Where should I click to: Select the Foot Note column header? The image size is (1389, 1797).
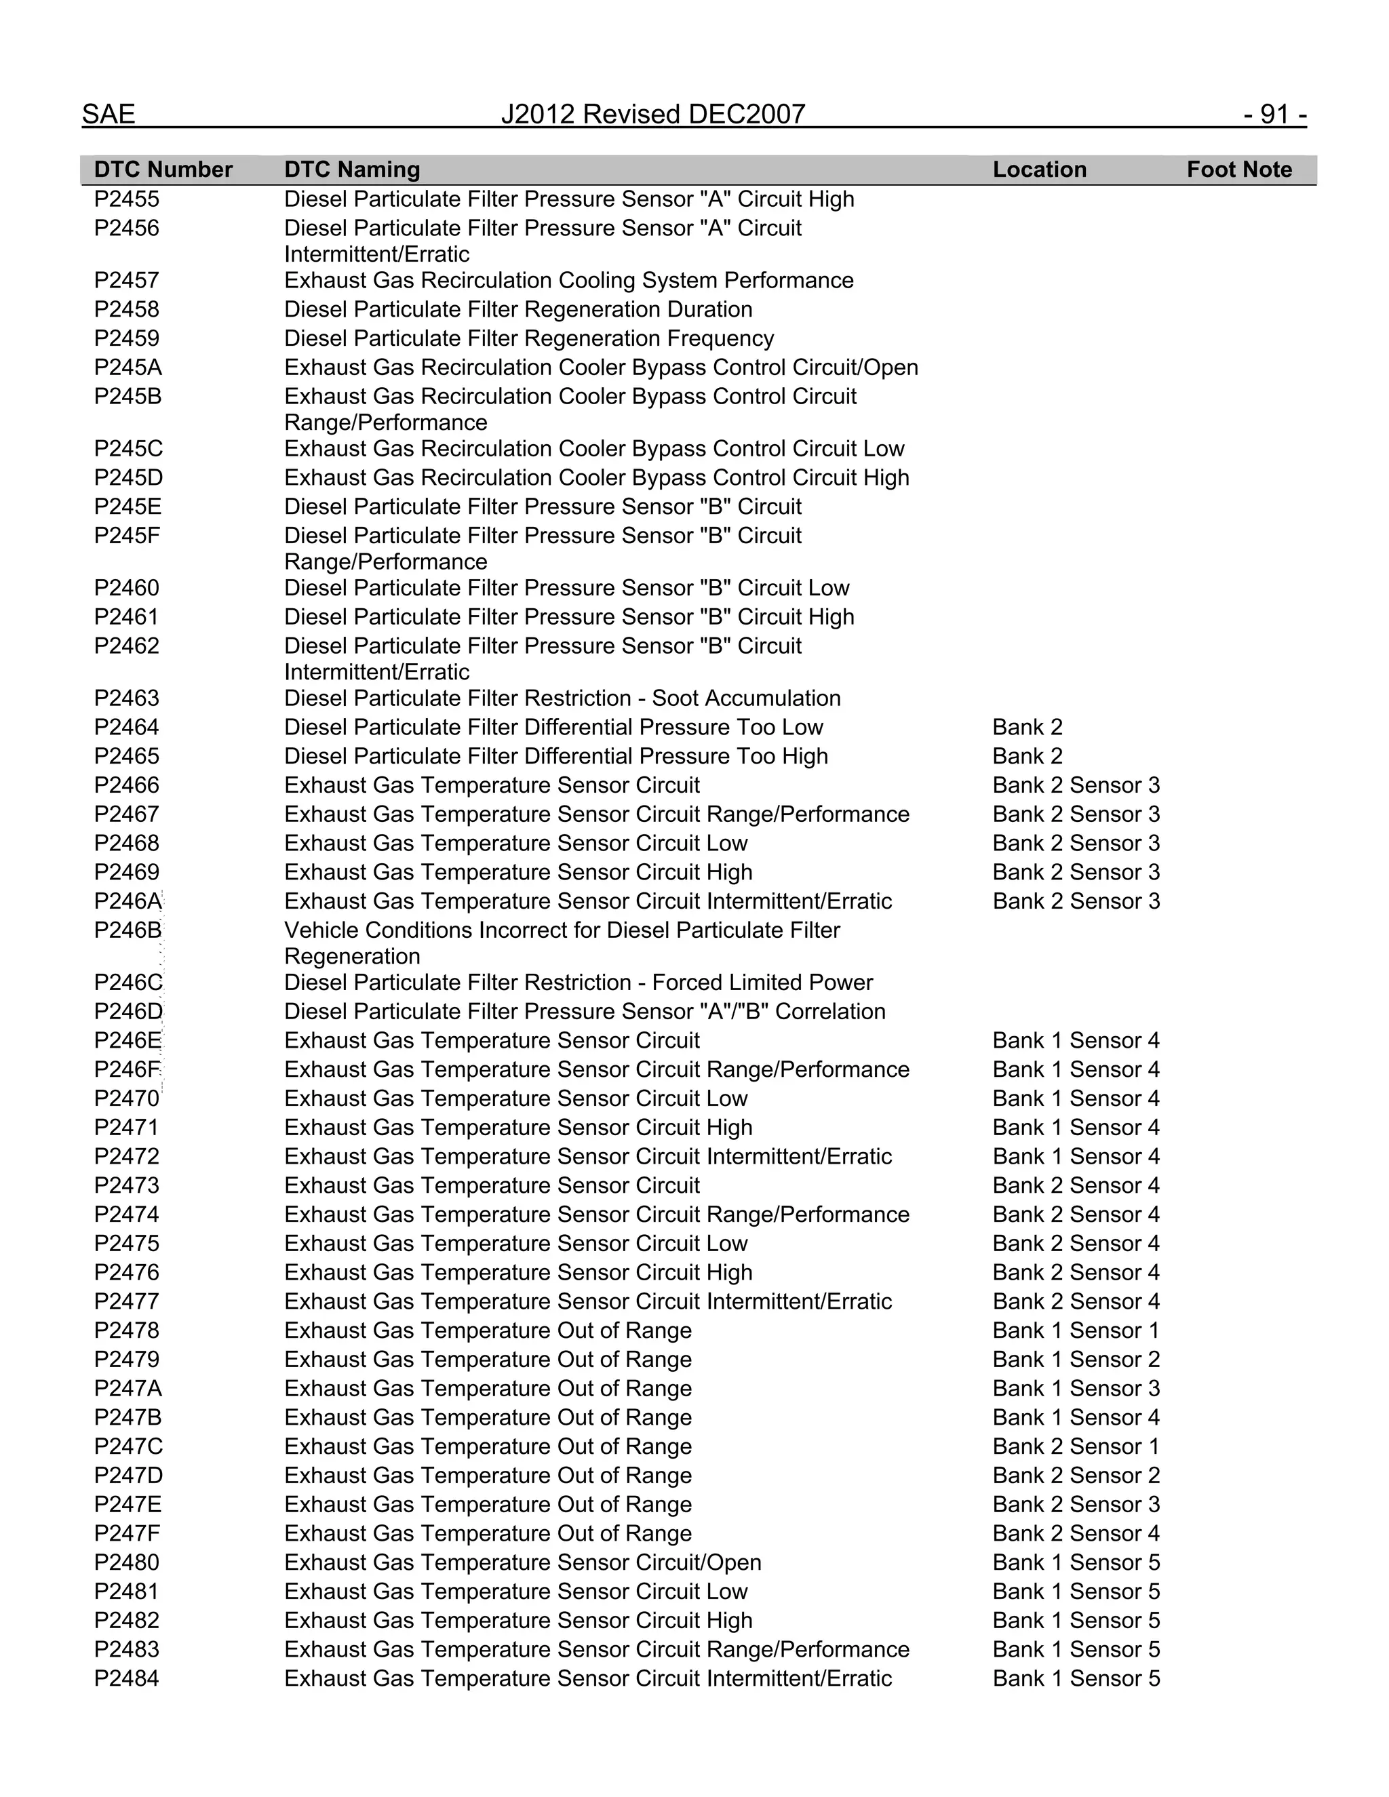point(1238,170)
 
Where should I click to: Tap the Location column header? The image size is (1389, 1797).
point(1038,170)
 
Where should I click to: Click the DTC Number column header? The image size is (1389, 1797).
point(163,170)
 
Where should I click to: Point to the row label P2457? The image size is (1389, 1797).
point(127,281)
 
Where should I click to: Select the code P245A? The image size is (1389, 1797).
point(128,367)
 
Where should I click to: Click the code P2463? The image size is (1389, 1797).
point(127,698)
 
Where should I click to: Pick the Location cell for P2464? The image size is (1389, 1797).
point(1027,728)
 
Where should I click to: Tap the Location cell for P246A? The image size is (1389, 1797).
point(1076,901)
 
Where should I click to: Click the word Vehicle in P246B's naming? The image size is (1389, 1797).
point(321,930)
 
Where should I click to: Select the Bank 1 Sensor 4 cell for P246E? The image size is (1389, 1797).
point(1076,1040)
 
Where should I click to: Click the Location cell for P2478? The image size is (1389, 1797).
point(1076,1330)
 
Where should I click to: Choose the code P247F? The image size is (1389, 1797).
point(128,1533)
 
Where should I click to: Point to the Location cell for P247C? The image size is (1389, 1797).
point(1076,1446)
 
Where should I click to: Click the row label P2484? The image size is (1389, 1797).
point(127,1678)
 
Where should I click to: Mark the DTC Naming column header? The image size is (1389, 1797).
point(351,170)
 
